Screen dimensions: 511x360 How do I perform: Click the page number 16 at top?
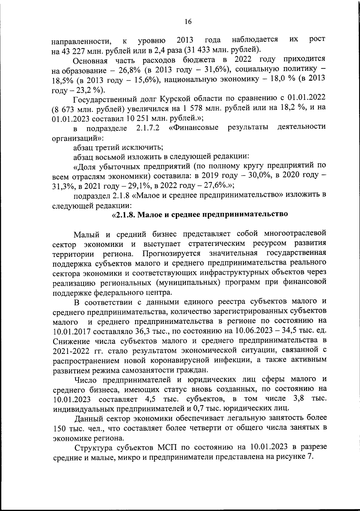[x=188, y=22]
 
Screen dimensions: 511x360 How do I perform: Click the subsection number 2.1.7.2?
[x=148, y=128]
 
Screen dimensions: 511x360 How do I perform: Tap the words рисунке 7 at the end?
[x=294, y=457]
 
